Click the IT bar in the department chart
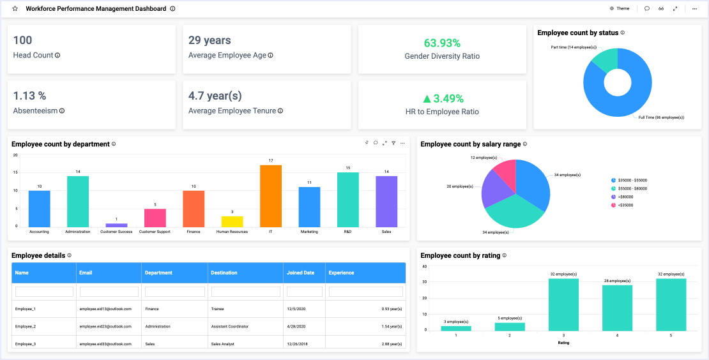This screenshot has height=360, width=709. coord(271,196)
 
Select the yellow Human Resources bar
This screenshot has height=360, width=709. coord(232,221)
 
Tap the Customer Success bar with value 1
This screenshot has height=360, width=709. coord(116,225)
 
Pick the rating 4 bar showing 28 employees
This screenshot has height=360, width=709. coord(617,308)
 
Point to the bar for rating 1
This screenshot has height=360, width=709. coord(456,328)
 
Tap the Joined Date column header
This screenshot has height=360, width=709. coord(300,273)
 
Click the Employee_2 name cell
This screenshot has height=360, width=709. coord(26,326)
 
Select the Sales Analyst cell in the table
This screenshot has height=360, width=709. coord(222,344)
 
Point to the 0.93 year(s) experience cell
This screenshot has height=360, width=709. coord(390,309)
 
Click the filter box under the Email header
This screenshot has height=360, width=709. coord(109,292)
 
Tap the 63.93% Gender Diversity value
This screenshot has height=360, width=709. coord(442,43)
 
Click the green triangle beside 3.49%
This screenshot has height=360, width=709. coord(427,99)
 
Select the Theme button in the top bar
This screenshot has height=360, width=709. coord(619,9)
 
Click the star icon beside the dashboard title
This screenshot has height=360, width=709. coord(15,9)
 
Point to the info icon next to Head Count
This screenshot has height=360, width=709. coord(57,56)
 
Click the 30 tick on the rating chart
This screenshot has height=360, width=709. coord(424,281)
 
